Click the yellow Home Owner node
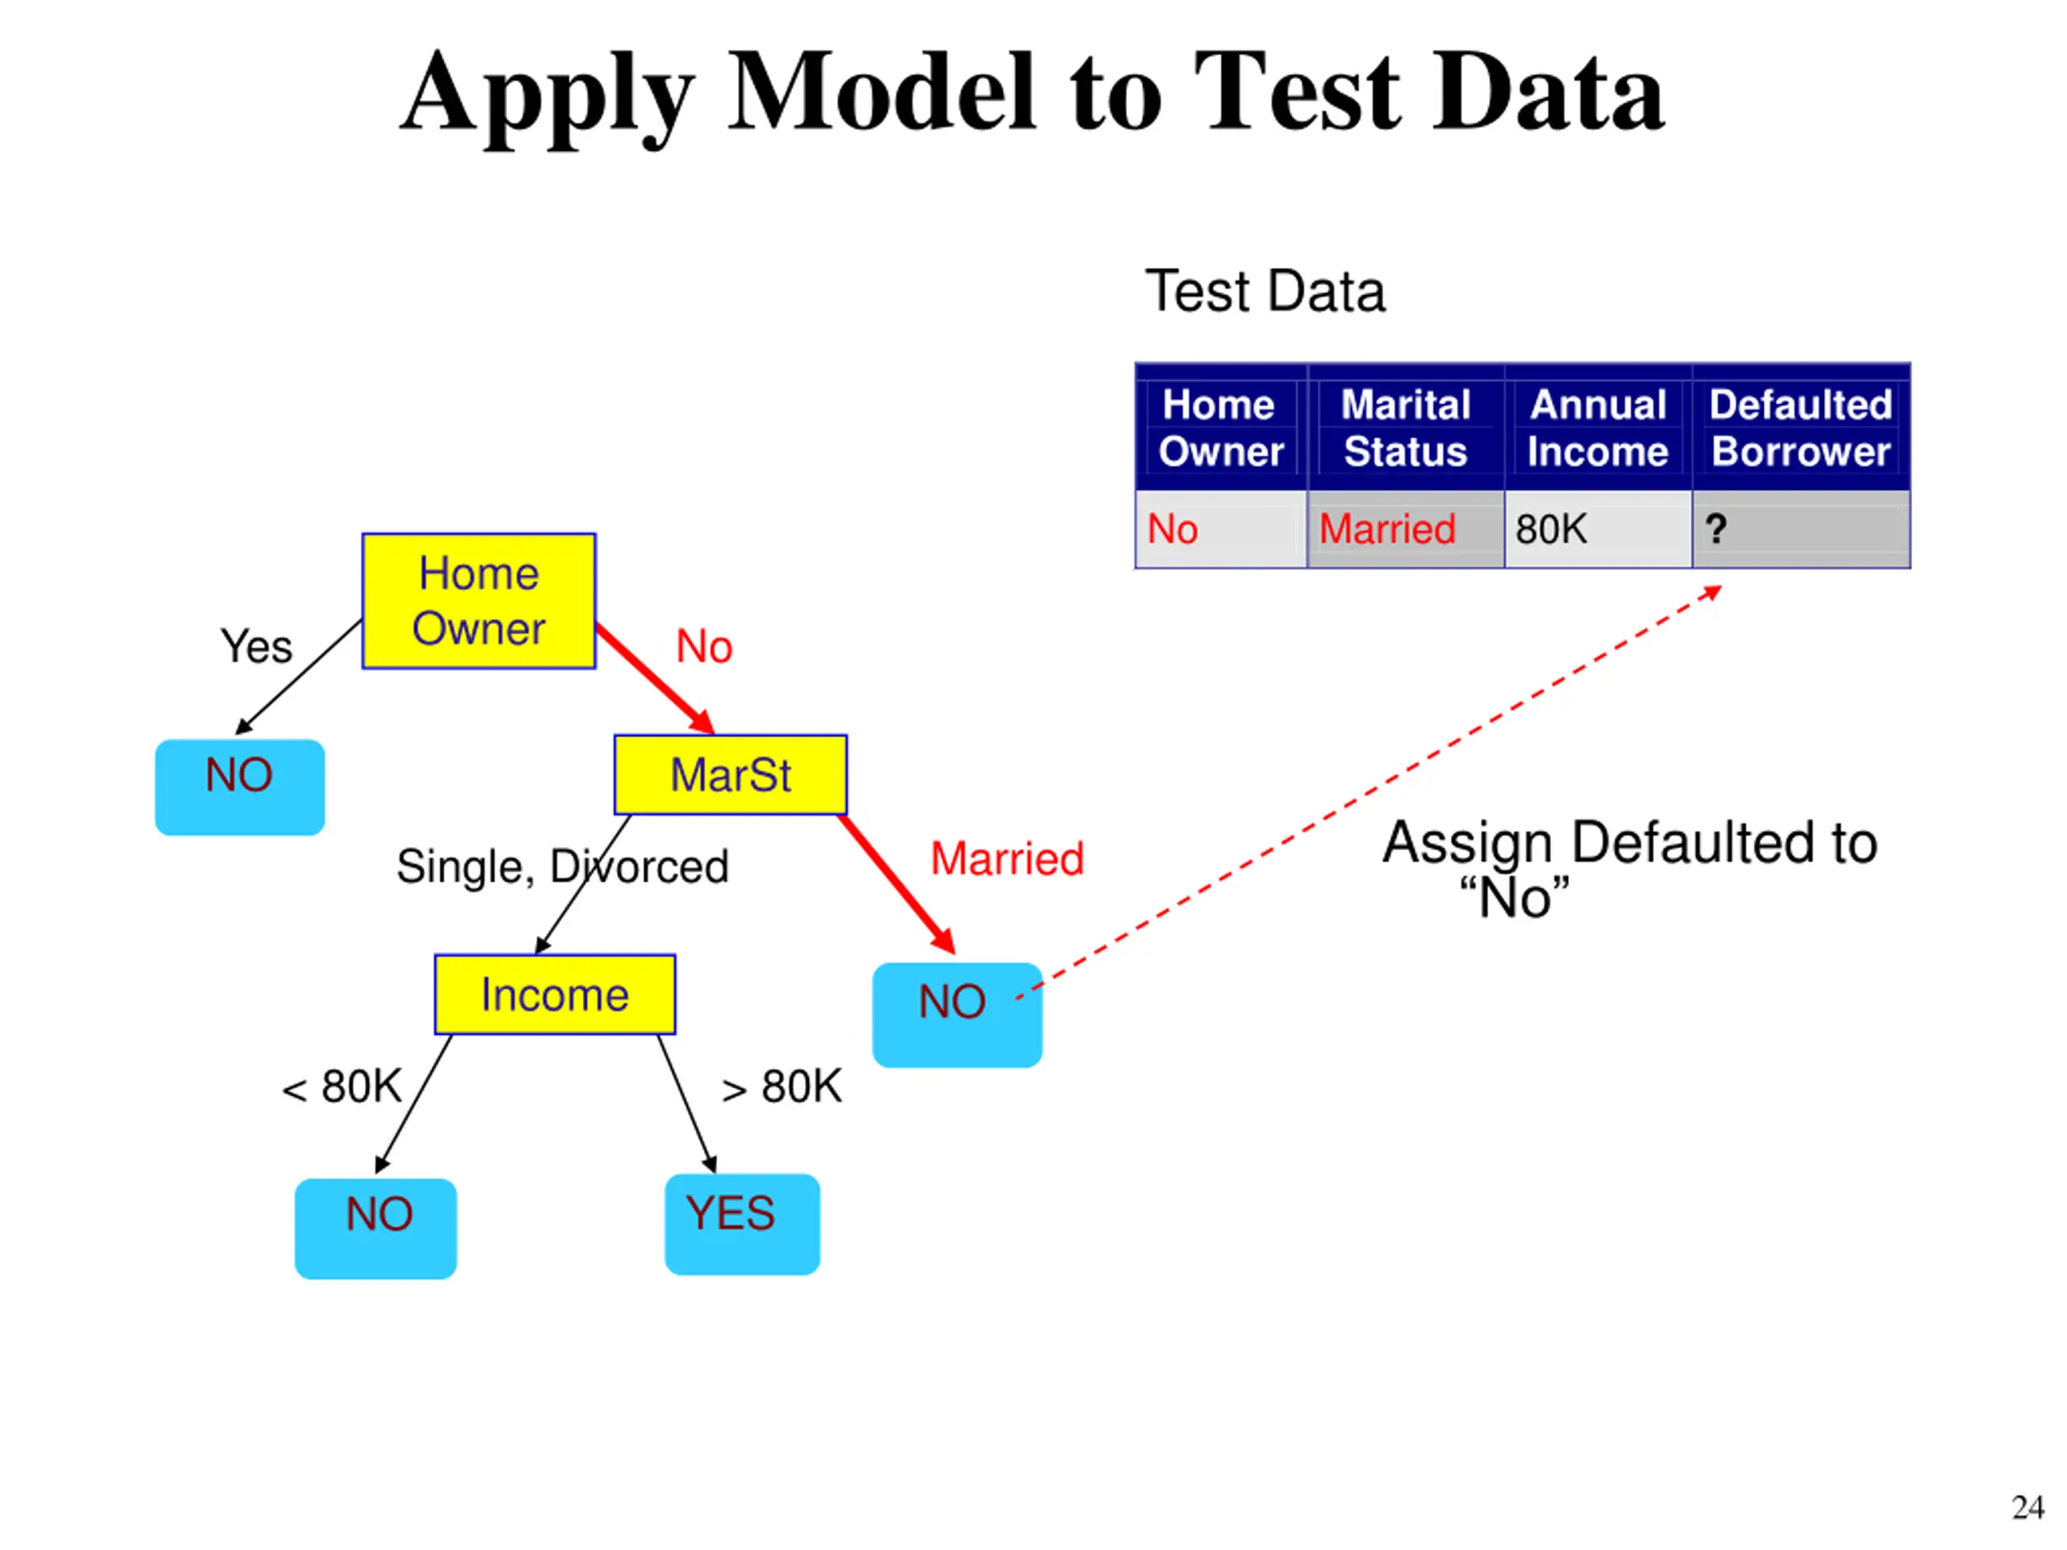(x=479, y=601)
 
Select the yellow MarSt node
(x=731, y=774)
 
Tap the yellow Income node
(x=555, y=994)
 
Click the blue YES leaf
(x=742, y=1224)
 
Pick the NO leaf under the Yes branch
(x=240, y=786)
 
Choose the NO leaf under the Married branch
(x=957, y=1015)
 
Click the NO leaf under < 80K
(x=375, y=1228)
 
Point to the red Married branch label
(x=1008, y=859)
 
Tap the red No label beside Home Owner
(x=705, y=647)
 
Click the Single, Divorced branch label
(x=563, y=867)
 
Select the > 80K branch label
(x=782, y=1087)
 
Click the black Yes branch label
(x=256, y=647)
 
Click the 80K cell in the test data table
(x=1598, y=529)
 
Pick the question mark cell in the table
(x=1801, y=529)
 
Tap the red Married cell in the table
(x=1406, y=529)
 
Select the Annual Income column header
(x=1598, y=428)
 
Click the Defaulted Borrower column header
(x=1801, y=428)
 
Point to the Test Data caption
(x=1265, y=291)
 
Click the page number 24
(x=2027, y=1508)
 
